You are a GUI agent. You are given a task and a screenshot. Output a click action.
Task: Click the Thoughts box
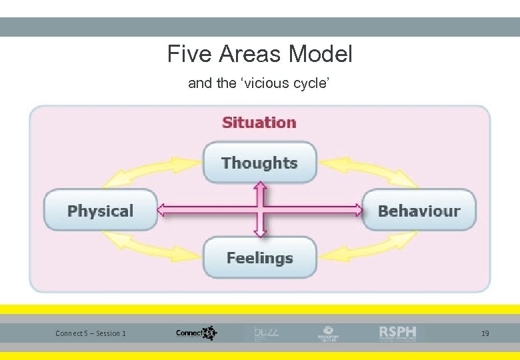pos(259,163)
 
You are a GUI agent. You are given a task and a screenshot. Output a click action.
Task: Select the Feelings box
pos(259,258)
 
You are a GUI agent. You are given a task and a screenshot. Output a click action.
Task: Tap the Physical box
pos(100,211)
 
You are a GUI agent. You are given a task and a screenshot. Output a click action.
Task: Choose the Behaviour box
pos(419,211)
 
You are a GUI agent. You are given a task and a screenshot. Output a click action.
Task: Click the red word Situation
pos(259,123)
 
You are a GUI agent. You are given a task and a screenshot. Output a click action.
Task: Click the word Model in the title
pos(323,54)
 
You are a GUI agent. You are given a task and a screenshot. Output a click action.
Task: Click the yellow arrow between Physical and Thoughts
pos(150,171)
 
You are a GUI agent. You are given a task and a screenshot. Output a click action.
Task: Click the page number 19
pos(485,333)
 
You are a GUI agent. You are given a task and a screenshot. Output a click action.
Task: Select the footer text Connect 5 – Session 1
pos(91,333)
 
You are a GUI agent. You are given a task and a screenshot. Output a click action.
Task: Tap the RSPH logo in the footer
pos(397,333)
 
